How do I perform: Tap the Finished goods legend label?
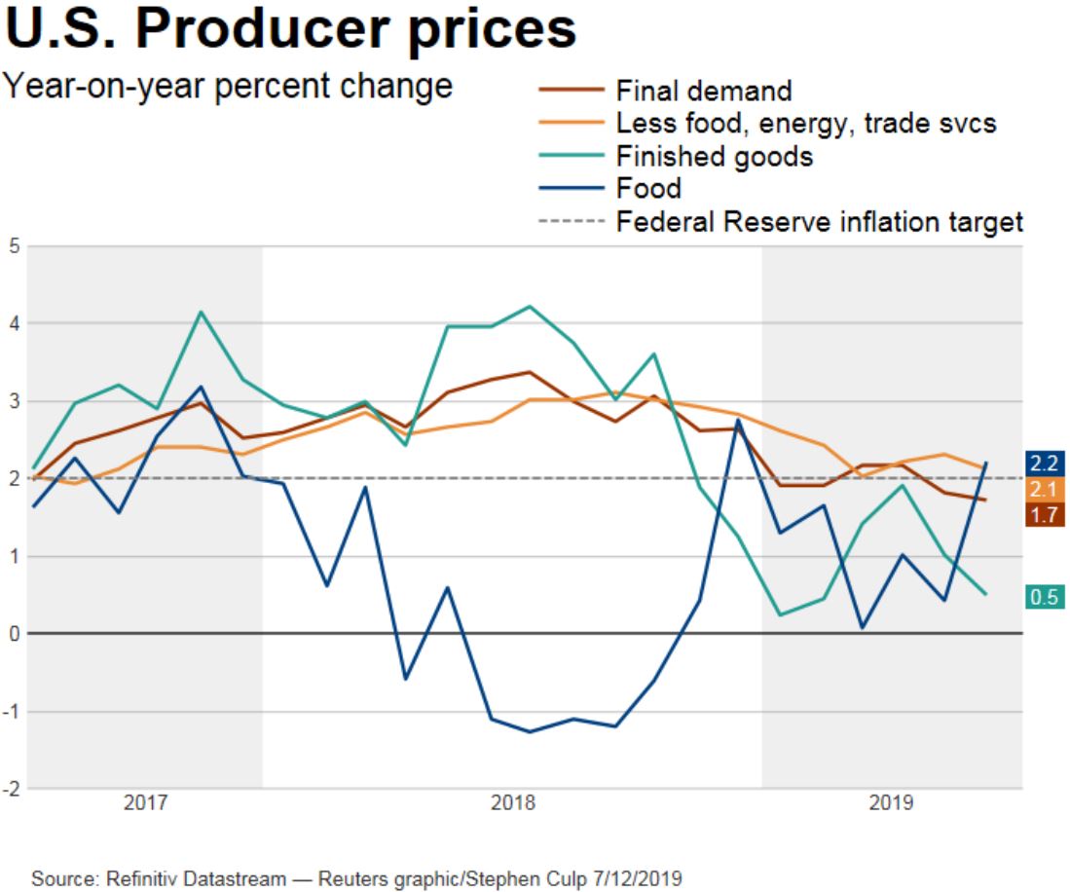pyautogui.click(x=715, y=157)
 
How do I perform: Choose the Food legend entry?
pyautogui.click(x=648, y=189)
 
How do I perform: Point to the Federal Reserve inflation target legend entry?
pyautogui.click(x=819, y=222)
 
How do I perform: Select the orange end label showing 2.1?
pyautogui.click(x=1045, y=489)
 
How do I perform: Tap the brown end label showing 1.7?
pyautogui.click(x=1045, y=515)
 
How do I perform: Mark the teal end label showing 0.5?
pyautogui.click(x=1045, y=597)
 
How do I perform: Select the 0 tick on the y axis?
pyautogui.click(x=15, y=634)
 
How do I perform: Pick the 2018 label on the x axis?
pyautogui.click(x=512, y=804)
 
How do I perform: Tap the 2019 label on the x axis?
pyautogui.click(x=891, y=804)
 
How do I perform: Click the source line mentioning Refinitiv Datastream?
pyautogui.click(x=357, y=880)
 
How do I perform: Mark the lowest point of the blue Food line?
pyautogui.click(x=529, y=732)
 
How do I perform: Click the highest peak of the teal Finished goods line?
pyautogui.click(x=529, y=307)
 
